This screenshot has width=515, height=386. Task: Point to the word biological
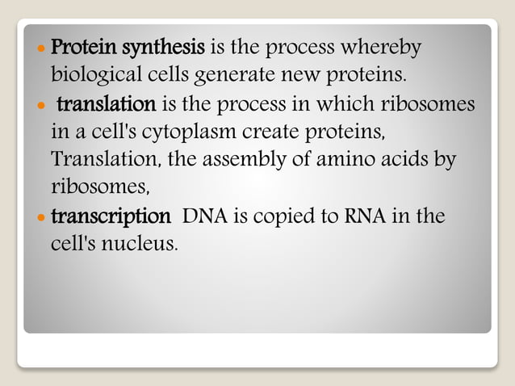(96, 77)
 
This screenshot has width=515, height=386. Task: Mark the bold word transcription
(111, 217)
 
